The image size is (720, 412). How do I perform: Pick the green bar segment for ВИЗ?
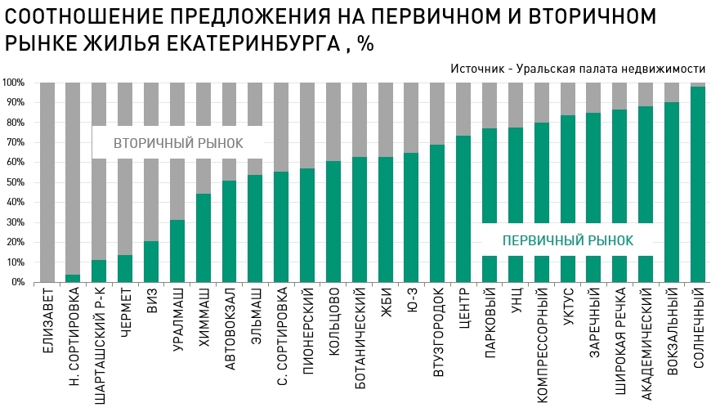[x=151, y=262]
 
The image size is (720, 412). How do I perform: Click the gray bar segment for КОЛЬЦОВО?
[x=333, y=121]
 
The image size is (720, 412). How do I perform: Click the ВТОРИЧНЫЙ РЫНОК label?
[x=178, y=143]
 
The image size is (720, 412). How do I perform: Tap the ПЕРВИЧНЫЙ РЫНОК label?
[x=567, y=240]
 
